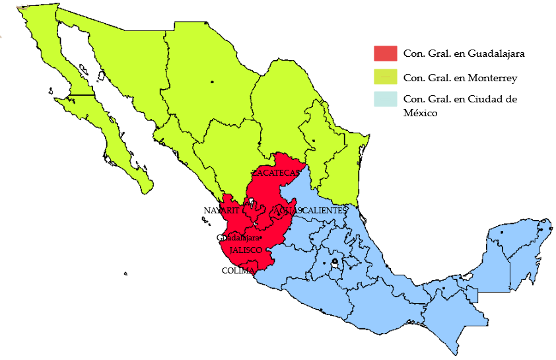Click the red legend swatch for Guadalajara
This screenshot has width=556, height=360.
coord(385,53)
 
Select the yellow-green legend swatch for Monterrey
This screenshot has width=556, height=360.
coord(385,77)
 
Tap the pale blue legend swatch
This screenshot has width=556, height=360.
coord(385,99)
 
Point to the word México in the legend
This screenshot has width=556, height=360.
coord(421,113)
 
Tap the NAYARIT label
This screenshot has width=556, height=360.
coord(221,210)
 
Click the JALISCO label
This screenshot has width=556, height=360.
coord(246,250)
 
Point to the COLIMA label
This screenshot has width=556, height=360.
coord(238,270)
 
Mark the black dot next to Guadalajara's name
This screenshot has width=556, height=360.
coord(261,238)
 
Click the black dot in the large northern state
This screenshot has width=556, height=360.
coord(212,81)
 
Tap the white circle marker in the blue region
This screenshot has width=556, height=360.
coord(334,263)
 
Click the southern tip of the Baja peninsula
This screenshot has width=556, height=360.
coord(150,190)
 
